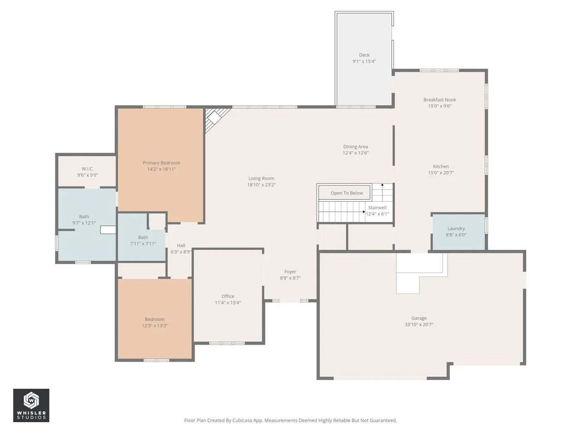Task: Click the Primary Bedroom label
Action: (161, 163)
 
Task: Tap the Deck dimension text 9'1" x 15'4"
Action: (364, 61)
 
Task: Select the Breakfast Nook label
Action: (439, 100)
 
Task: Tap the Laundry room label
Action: (456, 228)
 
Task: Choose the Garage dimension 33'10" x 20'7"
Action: (419, 324)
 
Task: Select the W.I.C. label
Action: (87, 169)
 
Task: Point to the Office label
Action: (228, 296)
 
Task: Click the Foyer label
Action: (290, 271)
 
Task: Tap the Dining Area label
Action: (355, 146)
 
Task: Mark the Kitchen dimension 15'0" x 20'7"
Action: (441, 173)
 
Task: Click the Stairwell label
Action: (377, 208)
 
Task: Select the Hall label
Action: (181, 245)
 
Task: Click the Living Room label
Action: (261, 178)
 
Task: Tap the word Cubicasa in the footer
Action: (242, 420)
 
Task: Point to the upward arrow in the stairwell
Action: (382, 192)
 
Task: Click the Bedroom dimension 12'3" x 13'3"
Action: (155, 326)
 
